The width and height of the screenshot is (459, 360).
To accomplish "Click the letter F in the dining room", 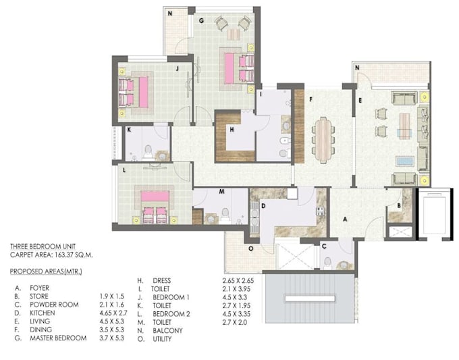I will click(310, 99).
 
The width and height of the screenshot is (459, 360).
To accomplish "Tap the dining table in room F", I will click(325, 135).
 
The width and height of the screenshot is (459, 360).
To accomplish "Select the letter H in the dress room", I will click(232, 130).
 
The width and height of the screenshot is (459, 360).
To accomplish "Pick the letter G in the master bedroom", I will click(201, 21).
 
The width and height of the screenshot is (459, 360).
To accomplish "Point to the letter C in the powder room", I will click(324, 247).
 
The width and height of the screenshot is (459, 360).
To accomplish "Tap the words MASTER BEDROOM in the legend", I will click(58, 338).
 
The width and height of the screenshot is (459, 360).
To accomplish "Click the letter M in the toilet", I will click(221, 192).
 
